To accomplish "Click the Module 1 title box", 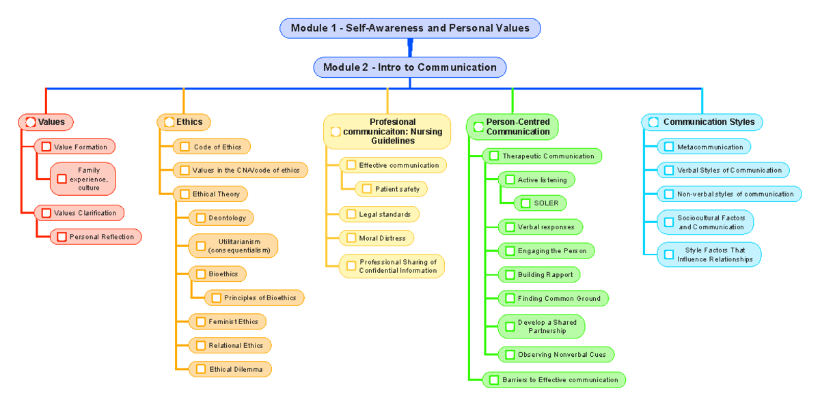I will coord(410,28).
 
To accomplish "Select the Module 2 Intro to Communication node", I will coord(410,68).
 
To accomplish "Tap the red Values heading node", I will coord(46,122).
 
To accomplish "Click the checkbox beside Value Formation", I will coord(46,147).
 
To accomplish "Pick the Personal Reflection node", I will coord(96,237).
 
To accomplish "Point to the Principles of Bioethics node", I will coord(254,298).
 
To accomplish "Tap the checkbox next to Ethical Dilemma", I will coord(201,369).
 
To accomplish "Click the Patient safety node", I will coord(392,188).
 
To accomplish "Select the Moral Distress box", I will coord(377,238).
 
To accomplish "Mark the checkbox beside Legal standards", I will coord(351,214).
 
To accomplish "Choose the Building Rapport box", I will coord(539,274).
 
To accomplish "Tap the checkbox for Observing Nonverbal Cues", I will coord(510,355).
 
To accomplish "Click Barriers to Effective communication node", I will coord(553,380).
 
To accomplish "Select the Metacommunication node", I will coord(704,147).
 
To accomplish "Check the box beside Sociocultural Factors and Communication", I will coord(669,222).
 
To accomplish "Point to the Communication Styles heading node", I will coord(702,122).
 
